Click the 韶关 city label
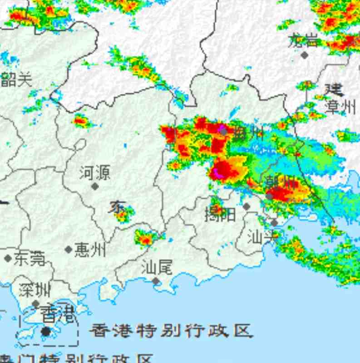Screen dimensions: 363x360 coord(17,80)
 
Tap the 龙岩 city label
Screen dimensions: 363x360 coord(304,41)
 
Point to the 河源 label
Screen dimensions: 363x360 coord(95,173)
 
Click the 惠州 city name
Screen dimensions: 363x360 coord(90,250)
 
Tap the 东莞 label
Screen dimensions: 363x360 coord(30,259)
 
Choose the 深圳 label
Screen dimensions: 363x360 coord(35,289)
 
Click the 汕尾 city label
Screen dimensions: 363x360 coord(157,267)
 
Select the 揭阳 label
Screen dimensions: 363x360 coord(220,214)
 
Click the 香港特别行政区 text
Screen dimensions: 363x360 coord(170,331)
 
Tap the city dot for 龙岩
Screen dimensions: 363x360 coord(305,55)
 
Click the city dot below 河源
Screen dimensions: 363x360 coord(95,186)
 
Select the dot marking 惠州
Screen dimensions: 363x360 coord(69,250)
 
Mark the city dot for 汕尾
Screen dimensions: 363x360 coord(156,281)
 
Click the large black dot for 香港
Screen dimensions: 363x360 coord(45,332)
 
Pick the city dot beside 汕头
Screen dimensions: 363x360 coord(274,223)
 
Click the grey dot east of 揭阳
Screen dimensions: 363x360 coord(247,206)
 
